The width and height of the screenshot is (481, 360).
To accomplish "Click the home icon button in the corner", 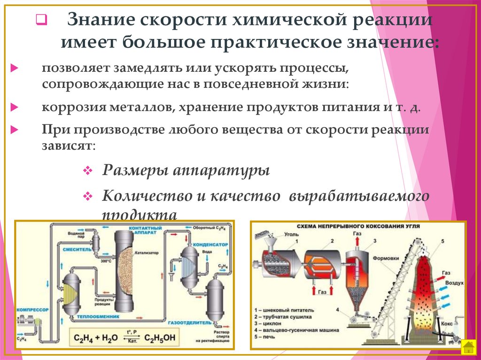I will coord(468,348).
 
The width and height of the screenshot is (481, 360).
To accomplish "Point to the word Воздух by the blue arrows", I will coord(455,283).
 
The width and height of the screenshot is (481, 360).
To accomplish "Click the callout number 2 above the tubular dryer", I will coord(332,240).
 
